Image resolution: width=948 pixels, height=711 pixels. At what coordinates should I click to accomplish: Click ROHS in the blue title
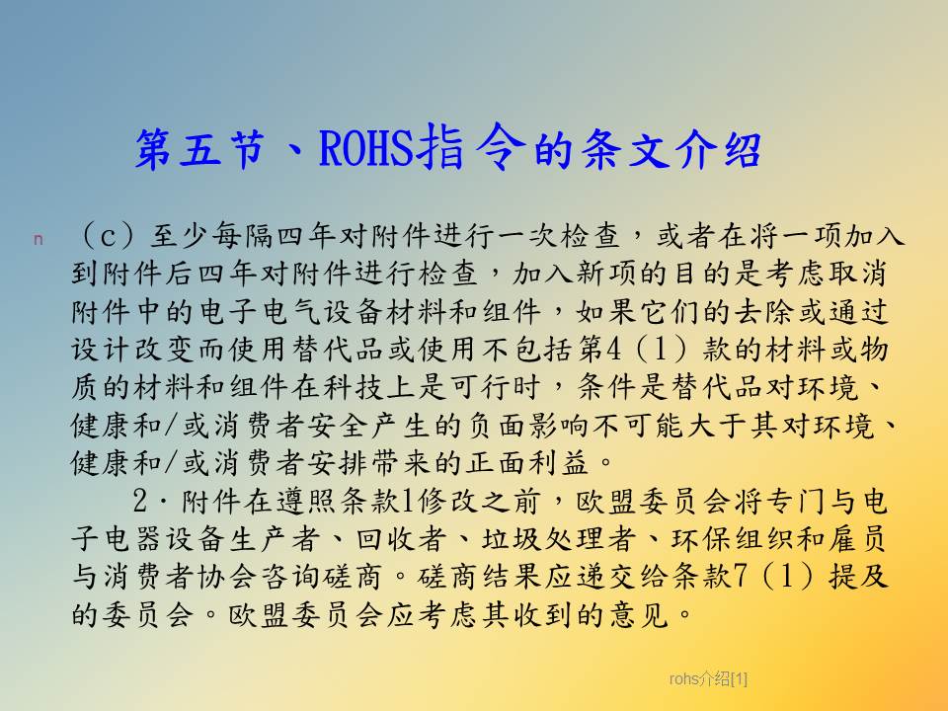(x=366, y=148)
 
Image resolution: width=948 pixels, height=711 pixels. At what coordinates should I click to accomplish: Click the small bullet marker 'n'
(x=39, y=239)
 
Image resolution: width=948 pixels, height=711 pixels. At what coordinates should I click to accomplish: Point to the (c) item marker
(x=108, y=236)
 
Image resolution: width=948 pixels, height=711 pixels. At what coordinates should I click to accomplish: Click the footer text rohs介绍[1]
(x=708, y=679)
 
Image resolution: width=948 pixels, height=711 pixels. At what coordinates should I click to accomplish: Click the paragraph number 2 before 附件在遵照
(x=139, y=502)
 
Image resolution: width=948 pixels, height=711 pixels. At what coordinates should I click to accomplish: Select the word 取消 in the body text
(x=857, y=274)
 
